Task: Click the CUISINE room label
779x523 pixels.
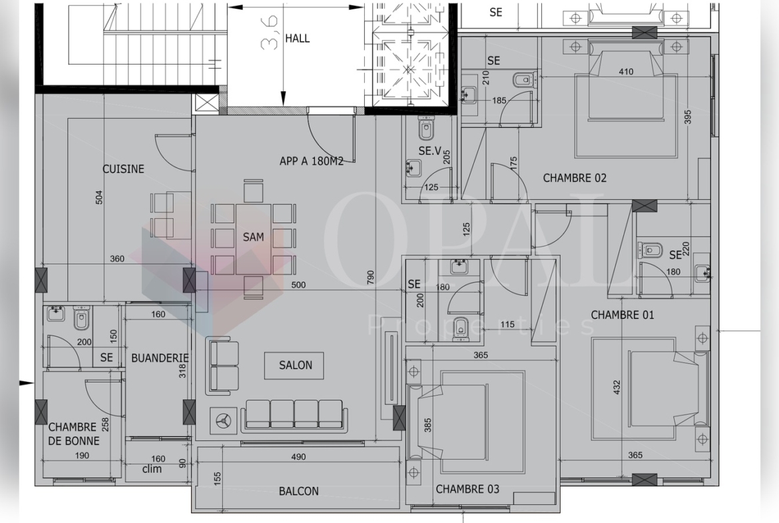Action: tap(123, 169)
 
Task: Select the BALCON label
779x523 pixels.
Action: tap(298, 491)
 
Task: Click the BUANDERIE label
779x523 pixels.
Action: tap(160, 358)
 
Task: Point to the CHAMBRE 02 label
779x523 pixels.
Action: tap(575, 178)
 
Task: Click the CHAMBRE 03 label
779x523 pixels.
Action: tap(467, 489)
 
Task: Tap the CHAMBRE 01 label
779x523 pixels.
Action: tap(623, 314)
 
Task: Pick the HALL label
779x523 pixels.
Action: tap(298, 38)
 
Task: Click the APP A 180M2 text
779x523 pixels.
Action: tap(311, 161)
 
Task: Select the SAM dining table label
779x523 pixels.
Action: tap(254, 237)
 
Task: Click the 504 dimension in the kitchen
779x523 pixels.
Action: tap(99, 197)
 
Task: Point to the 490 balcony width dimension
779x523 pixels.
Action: tap(298, 457)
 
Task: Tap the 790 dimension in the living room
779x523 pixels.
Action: tap(370, 278)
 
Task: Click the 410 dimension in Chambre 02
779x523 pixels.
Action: tap(626, 71)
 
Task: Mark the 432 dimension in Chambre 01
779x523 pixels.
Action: tap(617, 387)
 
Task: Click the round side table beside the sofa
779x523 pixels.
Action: tap(223, 421)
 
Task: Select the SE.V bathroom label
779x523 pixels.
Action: tap(429, 151)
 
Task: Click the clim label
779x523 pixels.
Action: tap(152, 469)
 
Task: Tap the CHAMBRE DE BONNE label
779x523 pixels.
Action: tap(73, 434)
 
